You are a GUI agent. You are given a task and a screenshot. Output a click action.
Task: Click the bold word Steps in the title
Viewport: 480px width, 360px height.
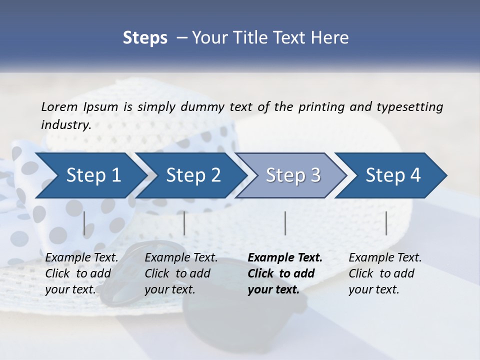coord(145,37)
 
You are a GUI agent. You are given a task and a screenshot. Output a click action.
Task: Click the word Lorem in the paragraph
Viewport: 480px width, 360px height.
coord(59,107)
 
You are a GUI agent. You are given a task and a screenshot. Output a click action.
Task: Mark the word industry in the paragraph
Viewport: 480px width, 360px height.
coord(65,125)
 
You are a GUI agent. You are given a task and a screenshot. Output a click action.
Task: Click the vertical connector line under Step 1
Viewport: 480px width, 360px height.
coord(84,223)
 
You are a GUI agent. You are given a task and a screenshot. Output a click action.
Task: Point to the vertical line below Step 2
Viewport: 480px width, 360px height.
coord(184,223)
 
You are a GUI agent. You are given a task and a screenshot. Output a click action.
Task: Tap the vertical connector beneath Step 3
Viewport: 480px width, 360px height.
coord(285,223)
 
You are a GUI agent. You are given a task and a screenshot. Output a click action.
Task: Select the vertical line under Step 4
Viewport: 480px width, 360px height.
coord(386,223)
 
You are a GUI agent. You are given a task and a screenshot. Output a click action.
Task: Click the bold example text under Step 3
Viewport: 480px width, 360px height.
coord(284,273)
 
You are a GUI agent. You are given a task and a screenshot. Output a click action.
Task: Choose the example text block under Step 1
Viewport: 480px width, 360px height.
coord(81,273)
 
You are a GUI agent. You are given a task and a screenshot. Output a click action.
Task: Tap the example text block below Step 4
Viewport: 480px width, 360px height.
coord(384,273)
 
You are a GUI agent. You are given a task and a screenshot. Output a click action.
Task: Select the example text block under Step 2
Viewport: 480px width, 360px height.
coord(181,273)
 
